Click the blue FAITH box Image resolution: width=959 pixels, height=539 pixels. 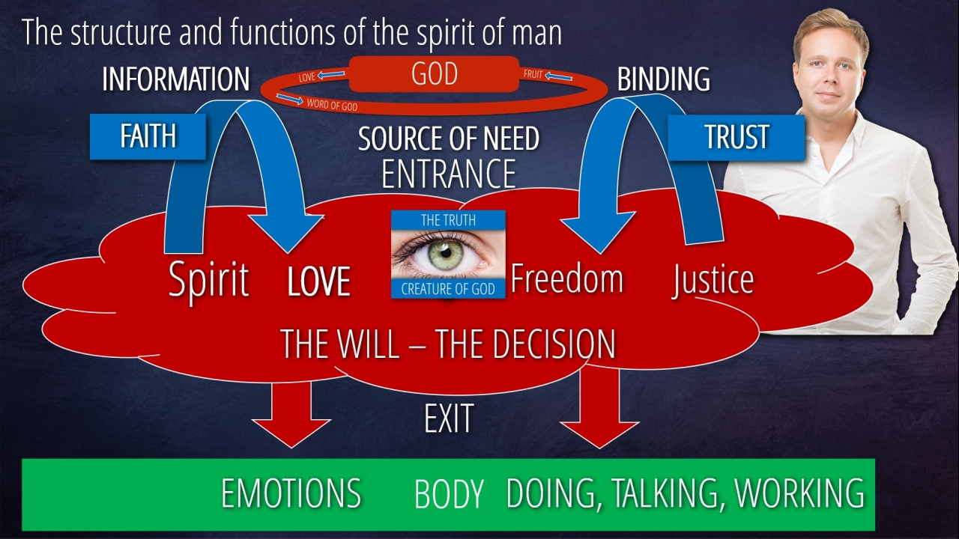click(148, 136)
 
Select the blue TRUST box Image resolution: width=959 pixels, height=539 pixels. click(736, 137)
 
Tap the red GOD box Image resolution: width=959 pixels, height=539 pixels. click(434, 74)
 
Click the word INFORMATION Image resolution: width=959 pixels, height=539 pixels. click(175, 79)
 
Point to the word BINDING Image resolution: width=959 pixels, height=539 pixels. click(663, 79)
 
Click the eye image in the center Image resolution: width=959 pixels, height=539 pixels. click(448, 254)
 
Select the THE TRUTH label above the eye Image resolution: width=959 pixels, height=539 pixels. click(448, 220)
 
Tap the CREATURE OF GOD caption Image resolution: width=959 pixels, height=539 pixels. click(448, 289)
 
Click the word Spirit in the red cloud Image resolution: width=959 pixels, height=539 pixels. click(208, 280)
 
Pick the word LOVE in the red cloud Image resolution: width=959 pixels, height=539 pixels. click(319, 281)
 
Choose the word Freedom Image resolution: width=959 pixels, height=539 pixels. click(566, 278)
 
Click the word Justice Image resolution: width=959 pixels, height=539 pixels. click(713, 278)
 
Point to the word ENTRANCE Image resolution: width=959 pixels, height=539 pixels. click(448, 173)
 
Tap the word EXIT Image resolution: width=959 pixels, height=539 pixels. click(448, 419)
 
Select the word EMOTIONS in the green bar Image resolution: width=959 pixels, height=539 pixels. click(291, 494)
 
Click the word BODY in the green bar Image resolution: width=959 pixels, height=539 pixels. click(449, 495)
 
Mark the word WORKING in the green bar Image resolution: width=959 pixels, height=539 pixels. click(799, 494)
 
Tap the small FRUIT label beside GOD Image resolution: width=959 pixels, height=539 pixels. click(533, 75)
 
